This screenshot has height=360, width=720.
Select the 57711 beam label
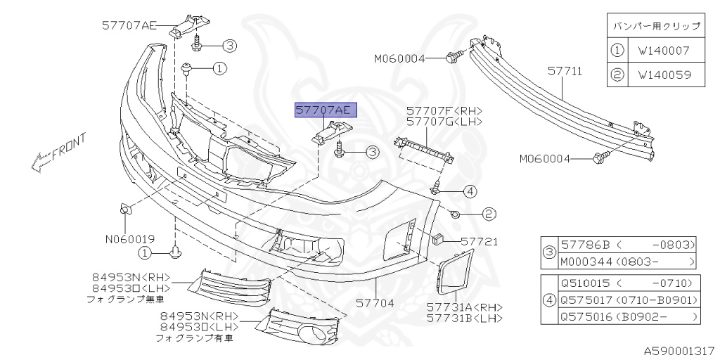coord(565,72)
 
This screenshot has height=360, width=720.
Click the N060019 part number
coord(130,239)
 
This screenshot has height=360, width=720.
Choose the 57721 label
coord(480,242)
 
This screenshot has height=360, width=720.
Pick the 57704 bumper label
coord(375,304)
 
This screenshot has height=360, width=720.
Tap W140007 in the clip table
coord(664,51)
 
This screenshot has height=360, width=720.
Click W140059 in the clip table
coord(664,74)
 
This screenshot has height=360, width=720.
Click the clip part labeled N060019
coord(124,209)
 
